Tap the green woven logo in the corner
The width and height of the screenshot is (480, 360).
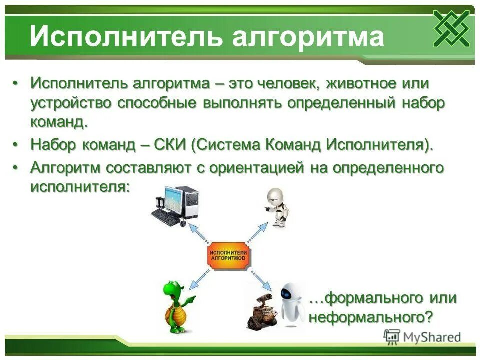coord(451,28)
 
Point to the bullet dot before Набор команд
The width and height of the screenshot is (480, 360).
coord(16,145)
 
